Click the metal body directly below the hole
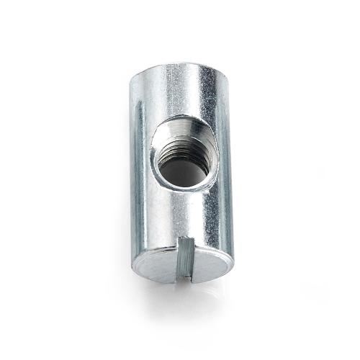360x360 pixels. click(180, 212)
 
